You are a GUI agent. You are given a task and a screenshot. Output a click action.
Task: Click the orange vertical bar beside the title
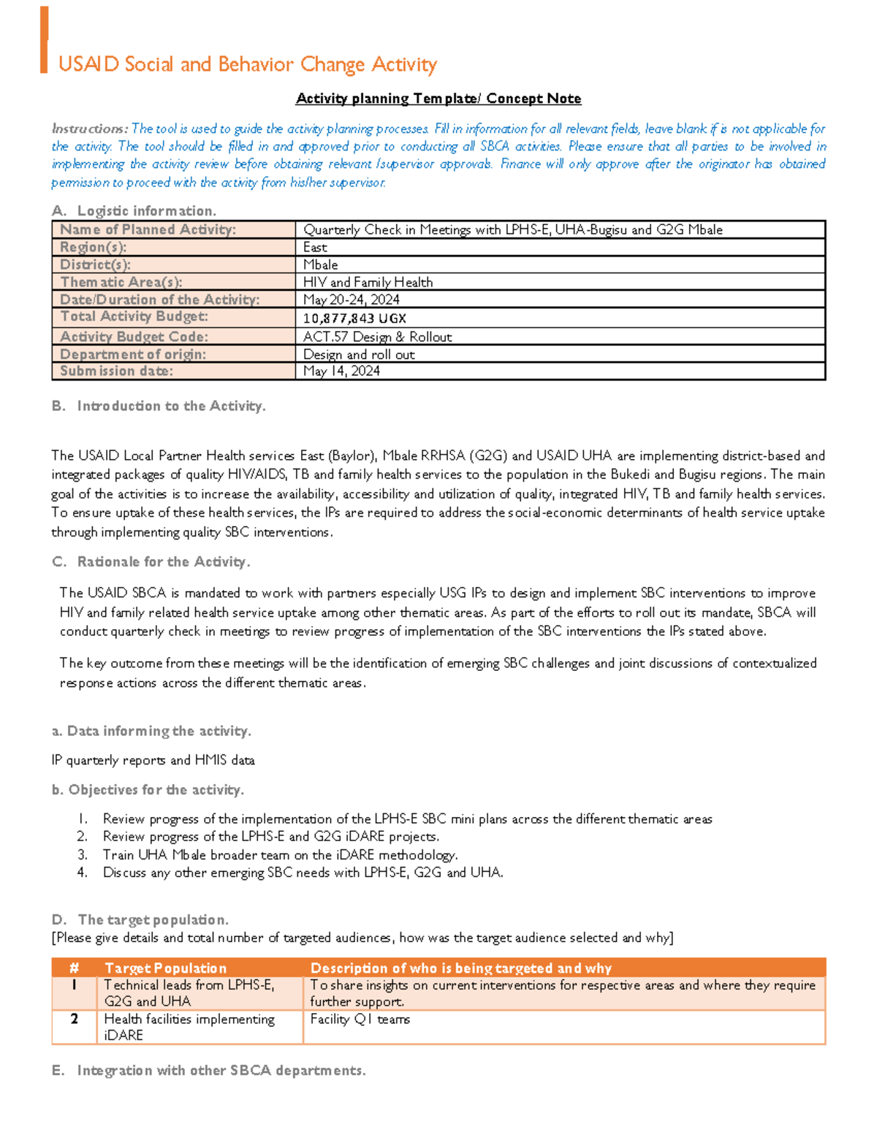coord(44,40)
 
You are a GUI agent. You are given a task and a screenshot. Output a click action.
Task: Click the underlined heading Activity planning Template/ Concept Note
coord(438,99)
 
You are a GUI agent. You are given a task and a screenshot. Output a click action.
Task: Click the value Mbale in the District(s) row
coord(321,265)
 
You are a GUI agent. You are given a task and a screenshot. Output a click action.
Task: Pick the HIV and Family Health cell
coord(368,282)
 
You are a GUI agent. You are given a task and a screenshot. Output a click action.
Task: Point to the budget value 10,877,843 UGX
coord(354,318)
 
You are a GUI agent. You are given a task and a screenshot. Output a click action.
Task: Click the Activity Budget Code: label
coord(134,336)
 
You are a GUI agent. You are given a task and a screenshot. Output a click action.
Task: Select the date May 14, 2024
coord(341,371)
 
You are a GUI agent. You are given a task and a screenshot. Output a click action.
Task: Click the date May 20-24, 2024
coord(351,300)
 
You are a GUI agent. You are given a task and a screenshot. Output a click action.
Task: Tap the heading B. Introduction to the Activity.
coord(159,406)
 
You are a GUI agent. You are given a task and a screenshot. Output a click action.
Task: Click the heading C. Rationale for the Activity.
coord(151,561)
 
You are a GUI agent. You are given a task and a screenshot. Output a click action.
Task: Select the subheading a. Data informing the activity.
coord(151,731)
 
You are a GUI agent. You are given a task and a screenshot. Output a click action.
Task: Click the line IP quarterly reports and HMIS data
coord(153,760)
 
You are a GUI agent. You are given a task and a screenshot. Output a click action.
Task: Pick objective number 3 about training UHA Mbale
coord(280,854)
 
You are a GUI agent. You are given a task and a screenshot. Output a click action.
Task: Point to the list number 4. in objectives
coord(82,872)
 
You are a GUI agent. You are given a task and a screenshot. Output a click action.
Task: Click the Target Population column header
coord(165,968)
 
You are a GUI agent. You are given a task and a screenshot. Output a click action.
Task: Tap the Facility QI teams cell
coord(360,1019)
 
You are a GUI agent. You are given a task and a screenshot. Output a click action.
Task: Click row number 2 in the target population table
coord(74,1019)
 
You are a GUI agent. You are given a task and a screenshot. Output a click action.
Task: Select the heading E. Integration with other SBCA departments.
coord(208,1070)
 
